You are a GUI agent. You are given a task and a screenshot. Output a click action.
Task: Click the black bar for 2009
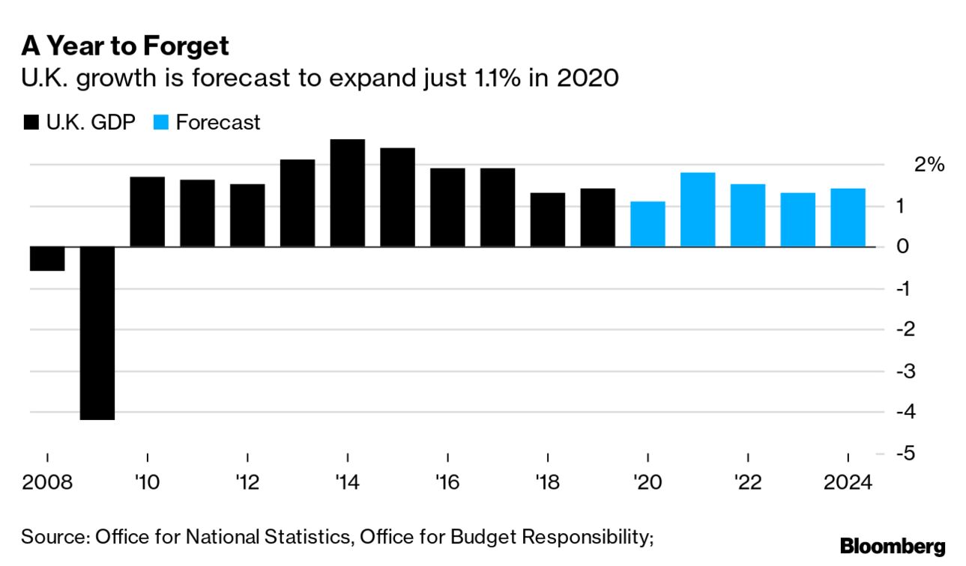[x=97, y=333]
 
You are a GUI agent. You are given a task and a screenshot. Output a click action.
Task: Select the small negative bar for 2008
[x=47, y=258]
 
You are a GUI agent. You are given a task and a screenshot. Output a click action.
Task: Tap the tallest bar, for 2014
[x=348, y=193]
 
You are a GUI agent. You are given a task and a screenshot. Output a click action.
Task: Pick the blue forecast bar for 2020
[x=647, y=224]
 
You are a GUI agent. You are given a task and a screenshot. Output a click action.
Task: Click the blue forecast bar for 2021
[x=698, y=210]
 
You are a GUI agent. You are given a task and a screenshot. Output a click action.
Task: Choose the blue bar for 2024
[x=848, y=217]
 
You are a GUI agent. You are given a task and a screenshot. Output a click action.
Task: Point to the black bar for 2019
[x=597, y=217]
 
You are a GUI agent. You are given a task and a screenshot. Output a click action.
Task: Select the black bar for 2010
[x=148, y=212]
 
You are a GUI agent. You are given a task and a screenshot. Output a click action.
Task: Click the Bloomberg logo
[x=893, y=546]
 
